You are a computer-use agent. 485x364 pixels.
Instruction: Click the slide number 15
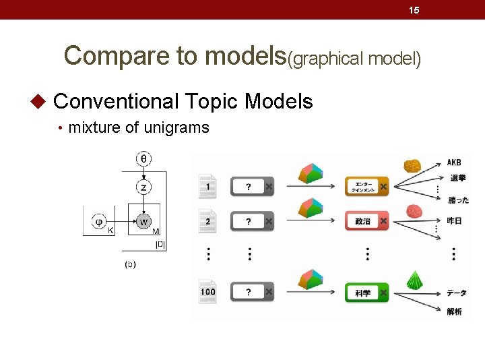(x=414, y=9)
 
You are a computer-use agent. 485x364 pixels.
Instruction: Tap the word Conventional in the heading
(x=115, y=102)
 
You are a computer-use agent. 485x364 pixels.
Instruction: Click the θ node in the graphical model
(x=143, y=159)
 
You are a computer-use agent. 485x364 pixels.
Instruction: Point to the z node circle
(x=143, y=187)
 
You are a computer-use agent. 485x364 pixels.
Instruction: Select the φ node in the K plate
(x=99, y=220)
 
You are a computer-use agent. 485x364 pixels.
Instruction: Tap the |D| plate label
(x=160, y=244)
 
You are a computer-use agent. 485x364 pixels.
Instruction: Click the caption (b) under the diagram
(x=130, y=264)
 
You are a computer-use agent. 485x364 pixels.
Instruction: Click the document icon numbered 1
(x=207, y=186)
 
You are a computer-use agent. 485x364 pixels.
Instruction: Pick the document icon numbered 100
(x=207, y=293)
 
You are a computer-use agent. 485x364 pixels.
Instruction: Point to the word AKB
(x=454, y=162)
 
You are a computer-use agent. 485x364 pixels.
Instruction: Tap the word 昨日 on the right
(x=454, y=220)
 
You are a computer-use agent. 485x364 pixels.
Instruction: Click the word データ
(x=456, y=293)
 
